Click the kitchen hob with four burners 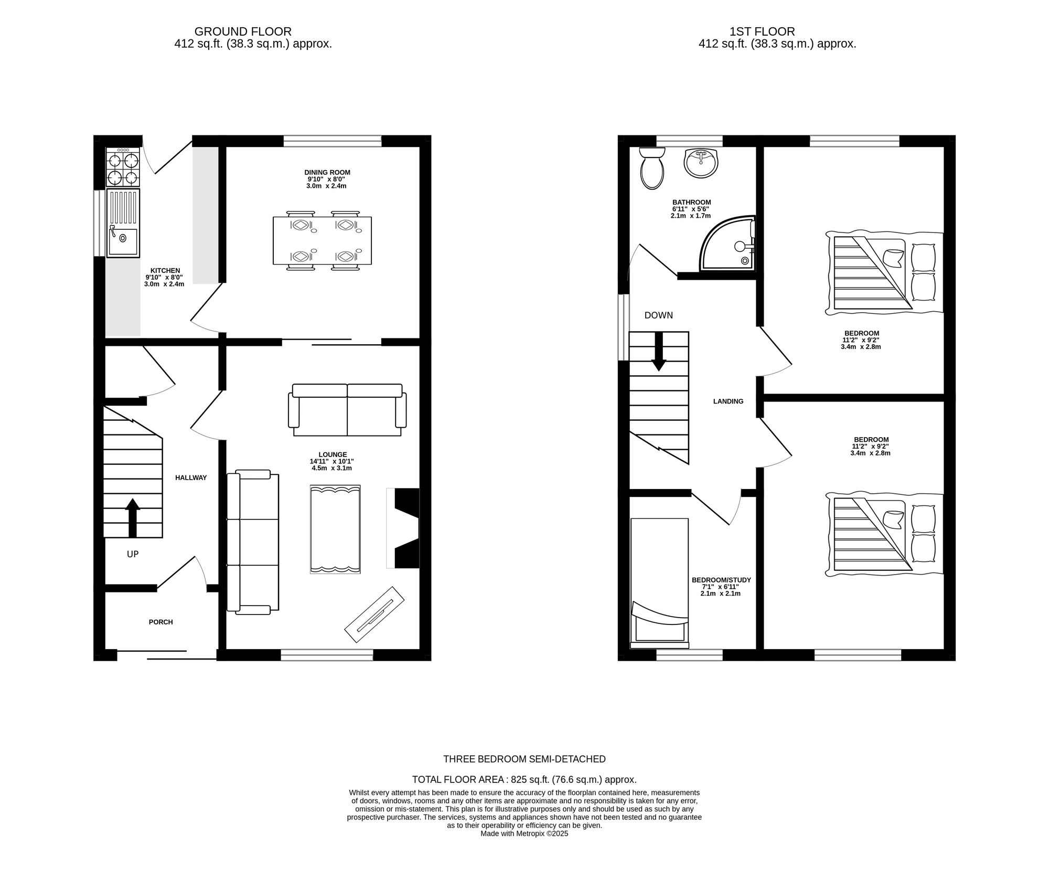(123, 167)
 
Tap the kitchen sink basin (123, 241)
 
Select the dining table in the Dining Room (322, 240)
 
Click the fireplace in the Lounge (403, 528)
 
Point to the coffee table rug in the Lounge (335, 529)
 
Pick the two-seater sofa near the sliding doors (347, 410)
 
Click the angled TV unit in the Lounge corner (374, 613)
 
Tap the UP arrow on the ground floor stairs (133, 517)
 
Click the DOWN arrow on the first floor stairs (659, 352)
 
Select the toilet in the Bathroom (652, 168)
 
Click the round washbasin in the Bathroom (701, 163)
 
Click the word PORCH (160, 622)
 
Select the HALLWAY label (191, 478)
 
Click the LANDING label (728, 401)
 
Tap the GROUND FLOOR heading (243, 31)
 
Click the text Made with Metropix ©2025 (524, 833)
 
